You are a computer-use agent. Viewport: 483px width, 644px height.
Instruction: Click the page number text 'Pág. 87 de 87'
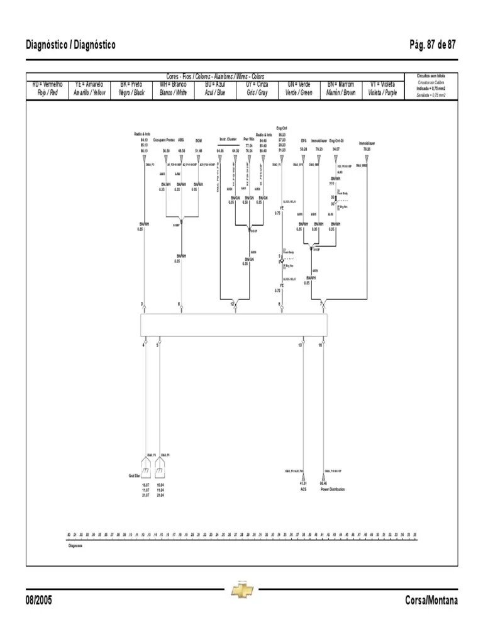point(433,45)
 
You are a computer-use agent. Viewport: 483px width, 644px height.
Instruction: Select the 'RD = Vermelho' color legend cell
point(48,88)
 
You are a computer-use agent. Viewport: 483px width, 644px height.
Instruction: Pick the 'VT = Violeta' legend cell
point(383,88)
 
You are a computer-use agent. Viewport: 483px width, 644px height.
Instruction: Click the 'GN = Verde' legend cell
point(299,88)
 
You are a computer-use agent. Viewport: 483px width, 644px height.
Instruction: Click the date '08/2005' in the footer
point(39,600)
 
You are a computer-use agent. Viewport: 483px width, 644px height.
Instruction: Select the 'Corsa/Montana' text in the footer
point(432,600)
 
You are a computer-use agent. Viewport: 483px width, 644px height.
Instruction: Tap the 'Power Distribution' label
point(333,489)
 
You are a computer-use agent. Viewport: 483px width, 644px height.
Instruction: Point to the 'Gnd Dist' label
point(134,475)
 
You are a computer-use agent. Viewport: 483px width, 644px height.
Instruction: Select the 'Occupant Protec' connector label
point(164,141)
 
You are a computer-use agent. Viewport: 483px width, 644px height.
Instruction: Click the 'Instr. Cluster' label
point(227,139)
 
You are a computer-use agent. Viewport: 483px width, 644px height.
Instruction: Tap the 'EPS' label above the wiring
point(304,141)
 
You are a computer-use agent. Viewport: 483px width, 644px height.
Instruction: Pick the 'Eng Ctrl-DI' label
point(336,141)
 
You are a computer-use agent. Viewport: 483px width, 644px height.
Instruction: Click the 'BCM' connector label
point(199,141)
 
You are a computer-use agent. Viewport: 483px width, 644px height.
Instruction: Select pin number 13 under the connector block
point(301,345)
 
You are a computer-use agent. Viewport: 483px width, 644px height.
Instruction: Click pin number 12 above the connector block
point(232,304)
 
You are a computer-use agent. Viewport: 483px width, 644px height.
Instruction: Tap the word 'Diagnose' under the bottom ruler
point(75,546)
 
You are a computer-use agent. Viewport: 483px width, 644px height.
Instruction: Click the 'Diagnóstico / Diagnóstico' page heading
point(71,45)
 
